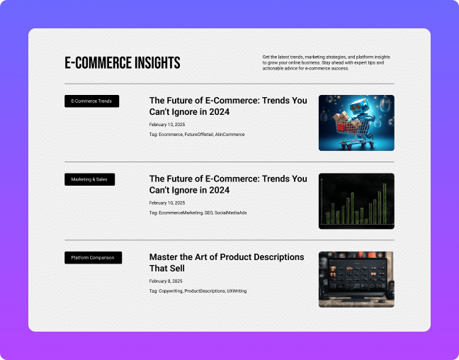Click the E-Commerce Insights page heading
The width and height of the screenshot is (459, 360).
tap(123, 62)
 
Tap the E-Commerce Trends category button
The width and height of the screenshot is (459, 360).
tap(91, 101)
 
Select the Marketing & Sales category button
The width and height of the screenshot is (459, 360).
tap(89, 179)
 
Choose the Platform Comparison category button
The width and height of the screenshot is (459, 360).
tap(93, 257)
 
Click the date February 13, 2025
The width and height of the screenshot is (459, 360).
tap(167, 125)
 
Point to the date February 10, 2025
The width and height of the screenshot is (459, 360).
tap(167, 203)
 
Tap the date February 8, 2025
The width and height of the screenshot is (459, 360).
tap(166, 281)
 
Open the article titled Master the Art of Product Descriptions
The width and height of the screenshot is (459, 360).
tap(227, 262)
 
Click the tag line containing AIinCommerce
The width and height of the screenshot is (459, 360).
tap(197, 135)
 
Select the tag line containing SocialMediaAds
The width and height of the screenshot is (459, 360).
tap(198, 213)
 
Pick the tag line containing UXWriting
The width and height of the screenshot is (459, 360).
tap(198, 291)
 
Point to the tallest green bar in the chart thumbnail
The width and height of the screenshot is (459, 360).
tap(385, 203)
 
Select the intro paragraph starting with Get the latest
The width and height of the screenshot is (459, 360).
tap(326, 62)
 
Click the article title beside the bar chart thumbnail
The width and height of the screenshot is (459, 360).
tap(228, 184)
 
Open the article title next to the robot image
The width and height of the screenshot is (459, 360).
tap(228, 106)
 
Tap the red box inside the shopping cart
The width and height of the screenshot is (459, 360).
tap(341, 127)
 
